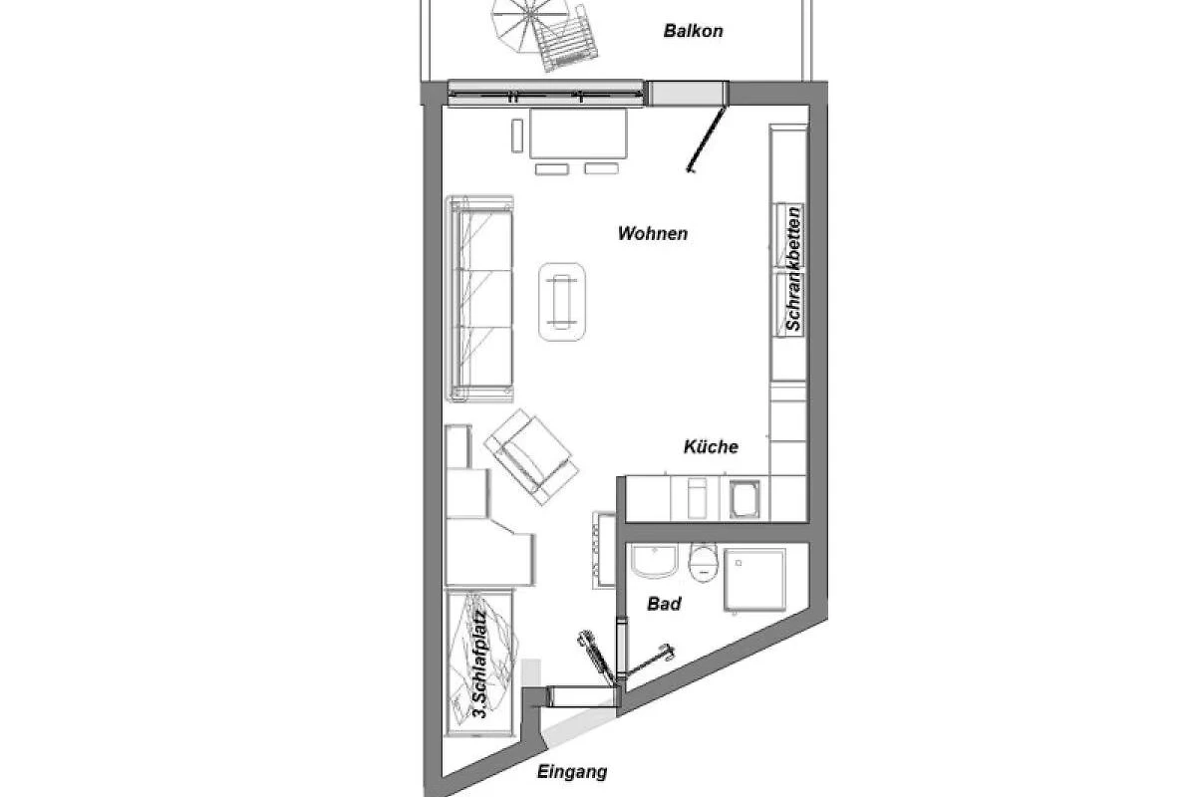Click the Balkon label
click(693, 31)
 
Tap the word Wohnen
click(653, 233)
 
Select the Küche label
click(711, 446)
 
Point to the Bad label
click(664, 604)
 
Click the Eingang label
click(572, 772)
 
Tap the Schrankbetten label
click(794, 269)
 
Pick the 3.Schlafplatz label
click(480, 664)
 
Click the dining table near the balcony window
click(578, 133)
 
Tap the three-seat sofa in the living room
click(480, 299)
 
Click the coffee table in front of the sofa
click(562, 302)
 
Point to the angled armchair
click(531, 457)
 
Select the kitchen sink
click(745, 499)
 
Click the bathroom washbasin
click(654, 561)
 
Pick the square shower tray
click(755, 580)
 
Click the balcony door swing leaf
click(706, 138)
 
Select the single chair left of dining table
click(517, 135)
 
